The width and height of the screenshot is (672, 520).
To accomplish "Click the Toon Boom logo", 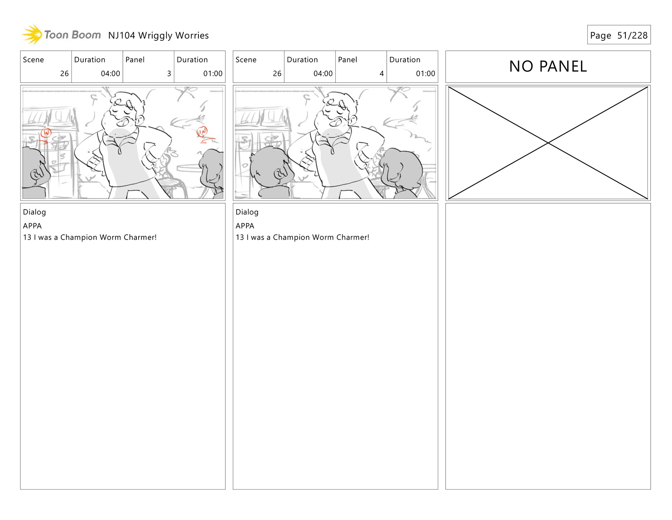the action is point(61,35).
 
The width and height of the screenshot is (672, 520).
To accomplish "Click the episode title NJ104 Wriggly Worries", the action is point(159,35).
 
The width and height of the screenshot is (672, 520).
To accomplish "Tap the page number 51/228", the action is point(632,35).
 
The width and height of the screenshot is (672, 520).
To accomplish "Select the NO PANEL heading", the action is point(548,66).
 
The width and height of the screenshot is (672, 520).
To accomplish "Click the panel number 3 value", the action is point(169,74).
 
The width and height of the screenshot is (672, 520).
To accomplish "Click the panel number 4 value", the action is point(381,74).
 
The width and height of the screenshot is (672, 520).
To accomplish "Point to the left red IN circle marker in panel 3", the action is point(46,133).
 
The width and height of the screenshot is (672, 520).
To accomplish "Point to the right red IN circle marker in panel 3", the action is point(202,131).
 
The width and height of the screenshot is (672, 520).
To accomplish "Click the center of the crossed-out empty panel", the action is point(548,143).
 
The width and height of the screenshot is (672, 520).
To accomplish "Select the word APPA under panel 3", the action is point(32,226).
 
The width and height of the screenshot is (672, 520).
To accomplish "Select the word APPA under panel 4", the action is point(245,226).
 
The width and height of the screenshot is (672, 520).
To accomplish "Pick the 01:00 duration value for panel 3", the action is point(213,74).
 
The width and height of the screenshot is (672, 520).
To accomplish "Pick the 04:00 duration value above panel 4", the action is point(323,74).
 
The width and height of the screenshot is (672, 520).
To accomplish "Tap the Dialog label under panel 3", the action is point(34,212).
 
